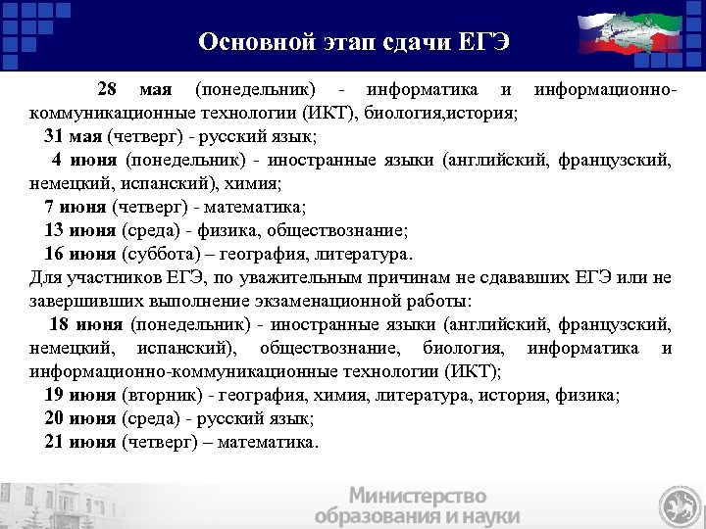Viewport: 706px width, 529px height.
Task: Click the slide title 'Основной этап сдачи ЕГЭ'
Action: coord(354,42)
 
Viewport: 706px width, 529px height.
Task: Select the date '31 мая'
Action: coord(74,136)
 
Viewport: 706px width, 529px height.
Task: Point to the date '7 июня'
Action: coord(76,207)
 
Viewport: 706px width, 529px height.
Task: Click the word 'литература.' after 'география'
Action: coord(365,254)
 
